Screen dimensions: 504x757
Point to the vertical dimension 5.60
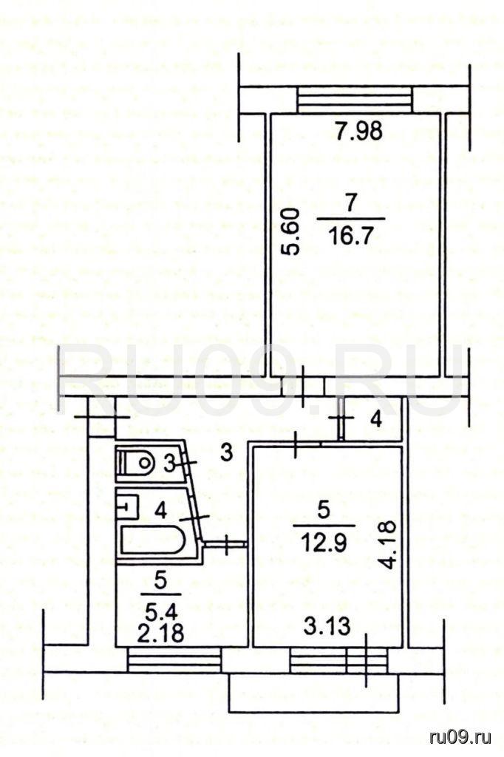pos(293,231)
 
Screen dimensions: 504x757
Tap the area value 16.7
pos(351,237)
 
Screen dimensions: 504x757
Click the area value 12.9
pos(324,544)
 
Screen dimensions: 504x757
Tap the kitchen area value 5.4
pos(161,612)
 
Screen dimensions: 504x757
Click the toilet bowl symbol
pos(136,464)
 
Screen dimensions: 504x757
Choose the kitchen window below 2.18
pos(174,659)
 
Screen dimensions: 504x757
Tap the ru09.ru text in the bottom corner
pos(460,737)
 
